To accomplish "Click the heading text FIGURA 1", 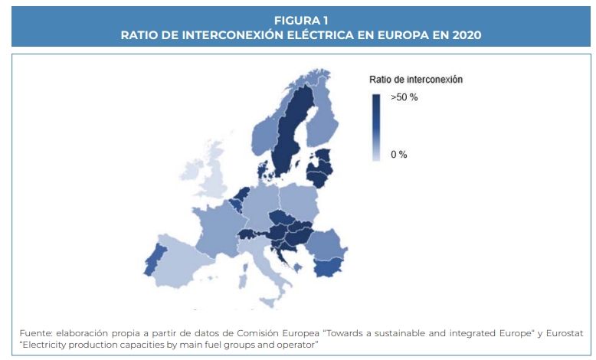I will (300, 21).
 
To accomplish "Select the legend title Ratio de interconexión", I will (415, 79).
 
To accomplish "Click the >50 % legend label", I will (404, 98).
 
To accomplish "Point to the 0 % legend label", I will (398, 155).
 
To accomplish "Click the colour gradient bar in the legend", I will (376, 127).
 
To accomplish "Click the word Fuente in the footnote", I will (35, 334).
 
